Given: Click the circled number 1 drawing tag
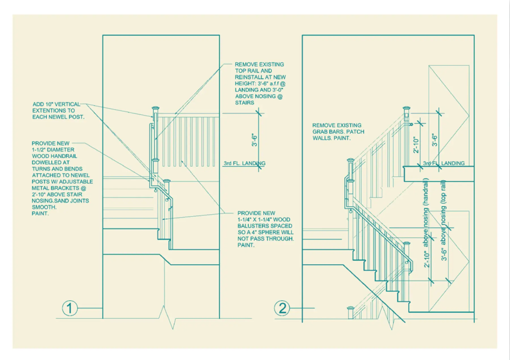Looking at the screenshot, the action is coord(70,308).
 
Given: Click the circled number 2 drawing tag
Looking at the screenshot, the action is coord(282,308).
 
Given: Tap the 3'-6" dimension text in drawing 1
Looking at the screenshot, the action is coord(255,140).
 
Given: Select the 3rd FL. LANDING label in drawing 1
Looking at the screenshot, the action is coord(245,163).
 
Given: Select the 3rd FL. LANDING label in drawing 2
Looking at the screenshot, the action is coord(444,163).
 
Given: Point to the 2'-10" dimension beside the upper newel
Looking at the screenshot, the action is coord(416,145).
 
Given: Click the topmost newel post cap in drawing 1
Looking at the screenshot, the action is coord(156,108).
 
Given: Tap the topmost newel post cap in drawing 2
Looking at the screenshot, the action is coord(407,108).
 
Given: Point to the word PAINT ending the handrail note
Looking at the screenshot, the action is coord(40,214).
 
